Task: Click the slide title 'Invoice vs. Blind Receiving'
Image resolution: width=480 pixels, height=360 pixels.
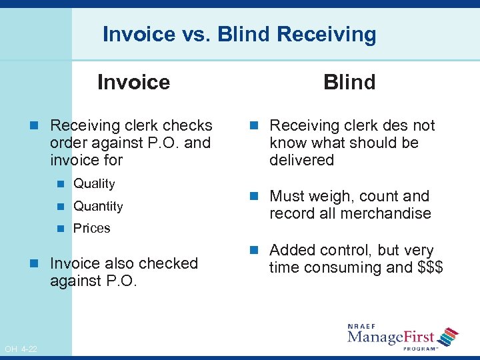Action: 239,34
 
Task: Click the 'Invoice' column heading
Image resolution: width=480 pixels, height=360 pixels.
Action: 133,83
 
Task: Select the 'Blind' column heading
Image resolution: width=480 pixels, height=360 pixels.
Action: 349,83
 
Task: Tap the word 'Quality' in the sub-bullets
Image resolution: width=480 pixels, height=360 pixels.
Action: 94,183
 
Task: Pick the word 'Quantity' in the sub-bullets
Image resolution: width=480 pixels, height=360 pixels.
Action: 98,206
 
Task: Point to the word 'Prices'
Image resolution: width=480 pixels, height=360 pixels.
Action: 91,228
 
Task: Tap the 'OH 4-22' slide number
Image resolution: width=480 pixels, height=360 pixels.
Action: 20,349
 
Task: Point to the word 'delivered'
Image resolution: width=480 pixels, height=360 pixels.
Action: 301,160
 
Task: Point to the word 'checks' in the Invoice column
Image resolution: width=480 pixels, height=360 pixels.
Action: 188,125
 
